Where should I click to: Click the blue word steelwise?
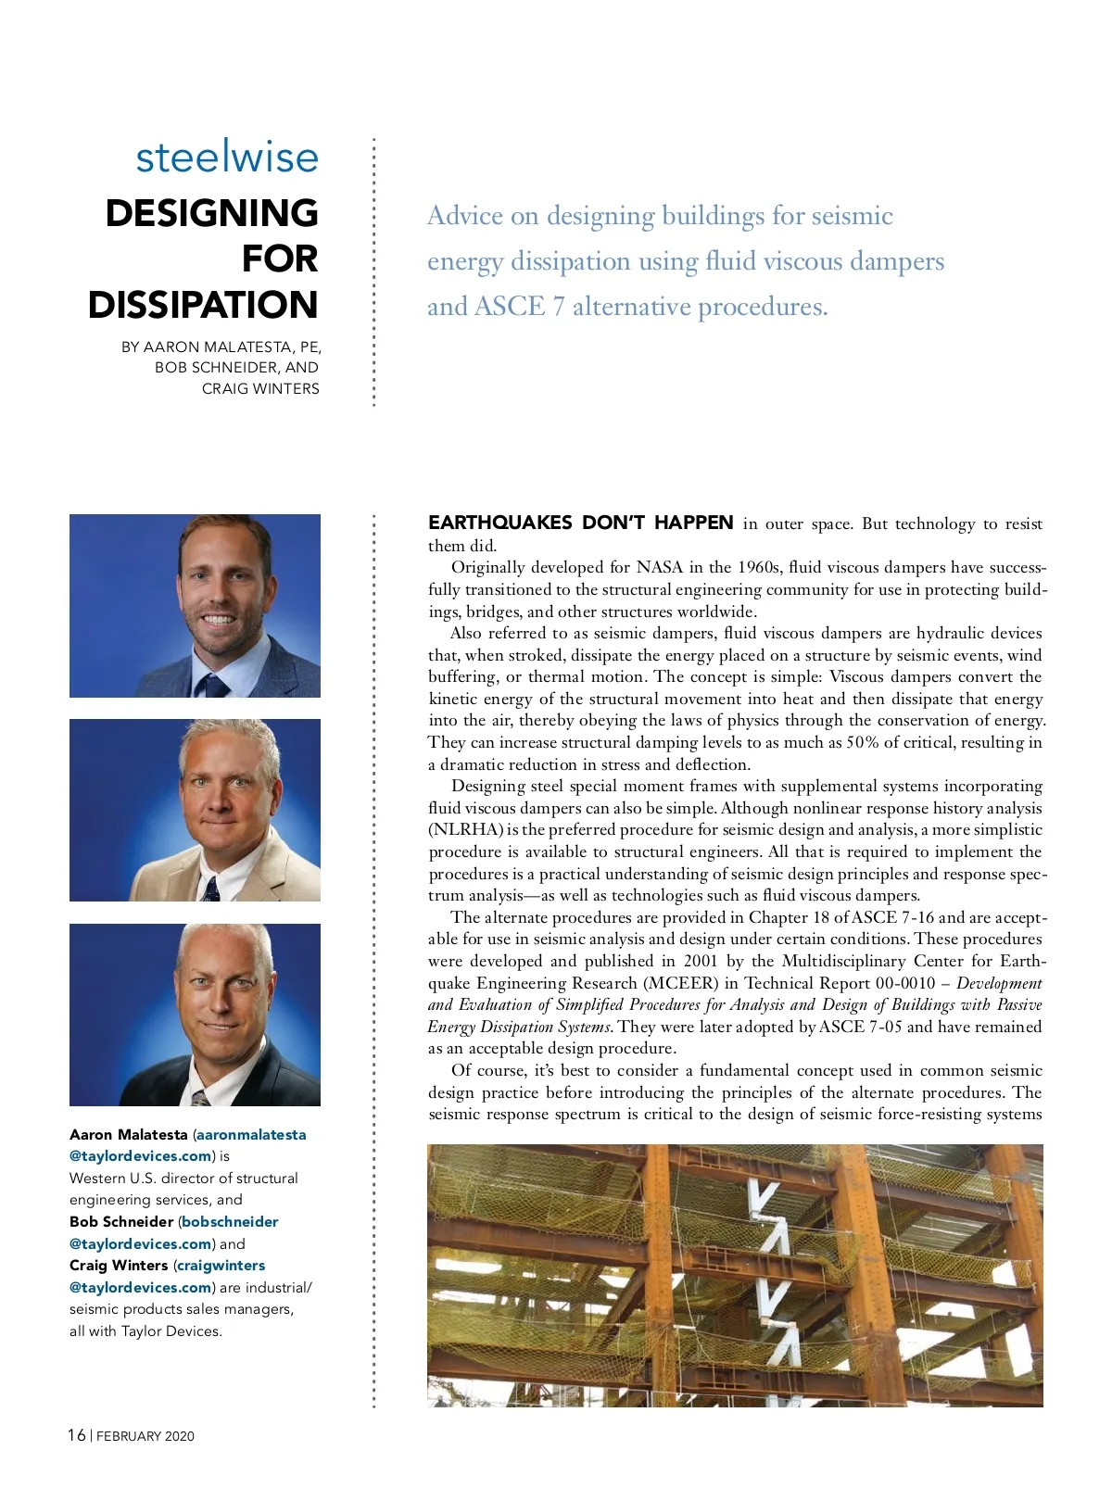click(x=227, y=158)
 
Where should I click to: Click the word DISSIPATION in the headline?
click(x=203, y=305)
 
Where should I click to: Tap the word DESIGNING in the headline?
click(x=211, y=213)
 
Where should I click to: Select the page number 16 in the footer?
click(x=76, y=1435)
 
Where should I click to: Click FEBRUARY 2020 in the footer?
click(x=145, y=1436)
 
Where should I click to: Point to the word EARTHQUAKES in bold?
click(x=500, y=523)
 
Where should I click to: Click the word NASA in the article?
click(x=658, y=567)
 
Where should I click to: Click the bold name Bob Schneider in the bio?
click(x=121, y=1221)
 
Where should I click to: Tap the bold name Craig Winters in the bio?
click(x=119, y=1265)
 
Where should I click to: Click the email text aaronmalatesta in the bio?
click(x=251, y=1134)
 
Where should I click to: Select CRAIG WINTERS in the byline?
click(x=260, y=388)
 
